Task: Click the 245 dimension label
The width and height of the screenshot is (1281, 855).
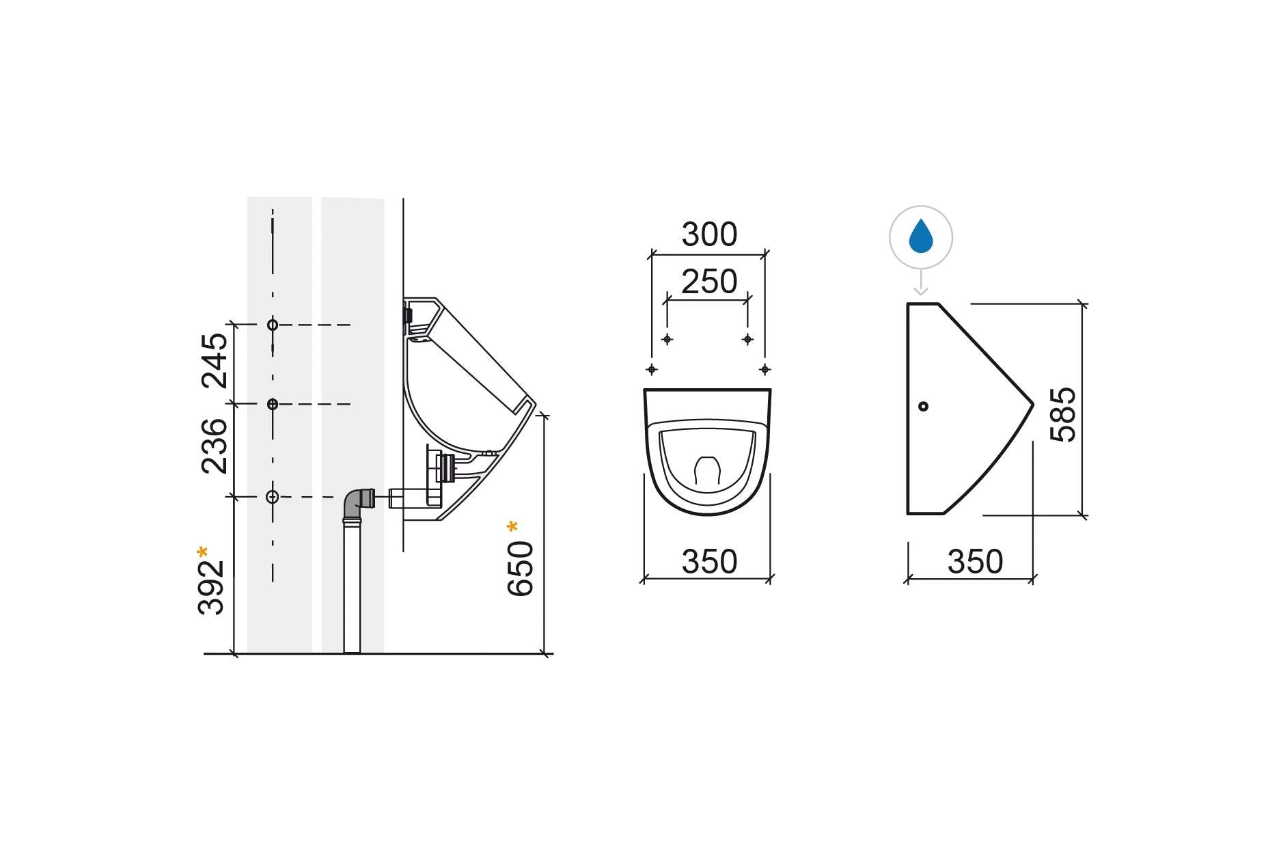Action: (214, 361)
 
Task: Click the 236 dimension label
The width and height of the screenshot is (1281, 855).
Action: (214, 446)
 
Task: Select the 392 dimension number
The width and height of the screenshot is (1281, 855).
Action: (212, 588)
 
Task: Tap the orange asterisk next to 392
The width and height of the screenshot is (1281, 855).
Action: (202, 551)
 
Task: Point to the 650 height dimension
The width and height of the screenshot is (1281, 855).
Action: (521, 569)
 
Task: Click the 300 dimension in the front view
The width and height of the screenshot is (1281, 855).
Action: (709, 235)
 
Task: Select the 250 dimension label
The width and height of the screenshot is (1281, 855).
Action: (709, 282)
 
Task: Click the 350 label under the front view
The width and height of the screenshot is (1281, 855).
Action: (709, 562)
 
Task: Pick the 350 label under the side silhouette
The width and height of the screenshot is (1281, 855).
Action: (975, 562)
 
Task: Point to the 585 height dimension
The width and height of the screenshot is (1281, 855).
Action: (1062, 415)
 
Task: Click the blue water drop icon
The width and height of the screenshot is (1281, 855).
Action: (921, 236)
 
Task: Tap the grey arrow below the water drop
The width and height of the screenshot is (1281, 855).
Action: (921, 283)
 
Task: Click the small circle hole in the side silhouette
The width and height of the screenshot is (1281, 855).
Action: (923, 406)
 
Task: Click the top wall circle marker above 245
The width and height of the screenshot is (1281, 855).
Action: (273, 325)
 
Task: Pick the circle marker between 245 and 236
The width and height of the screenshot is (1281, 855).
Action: (273, 404)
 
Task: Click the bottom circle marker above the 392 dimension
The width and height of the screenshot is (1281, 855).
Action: (273, 497)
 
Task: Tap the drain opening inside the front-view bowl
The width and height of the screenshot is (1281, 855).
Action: (708, 471)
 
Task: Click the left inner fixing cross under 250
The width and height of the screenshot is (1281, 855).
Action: (667, 339)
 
